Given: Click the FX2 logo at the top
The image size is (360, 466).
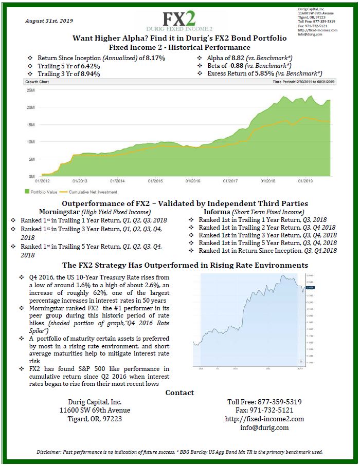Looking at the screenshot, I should click(179, 18).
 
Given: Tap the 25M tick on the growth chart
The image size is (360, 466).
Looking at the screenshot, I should click(29, 90).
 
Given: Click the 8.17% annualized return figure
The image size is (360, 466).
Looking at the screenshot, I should click(155, 58).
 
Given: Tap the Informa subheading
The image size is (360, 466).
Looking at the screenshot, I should click(218, 212).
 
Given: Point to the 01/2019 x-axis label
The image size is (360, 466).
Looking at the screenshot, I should click(305, 181).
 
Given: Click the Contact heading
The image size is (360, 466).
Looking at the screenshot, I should click(179, 393).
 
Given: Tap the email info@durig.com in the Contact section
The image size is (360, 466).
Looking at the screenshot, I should click(264, 427).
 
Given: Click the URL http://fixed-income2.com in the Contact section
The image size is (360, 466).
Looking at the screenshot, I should click(264, 419).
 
